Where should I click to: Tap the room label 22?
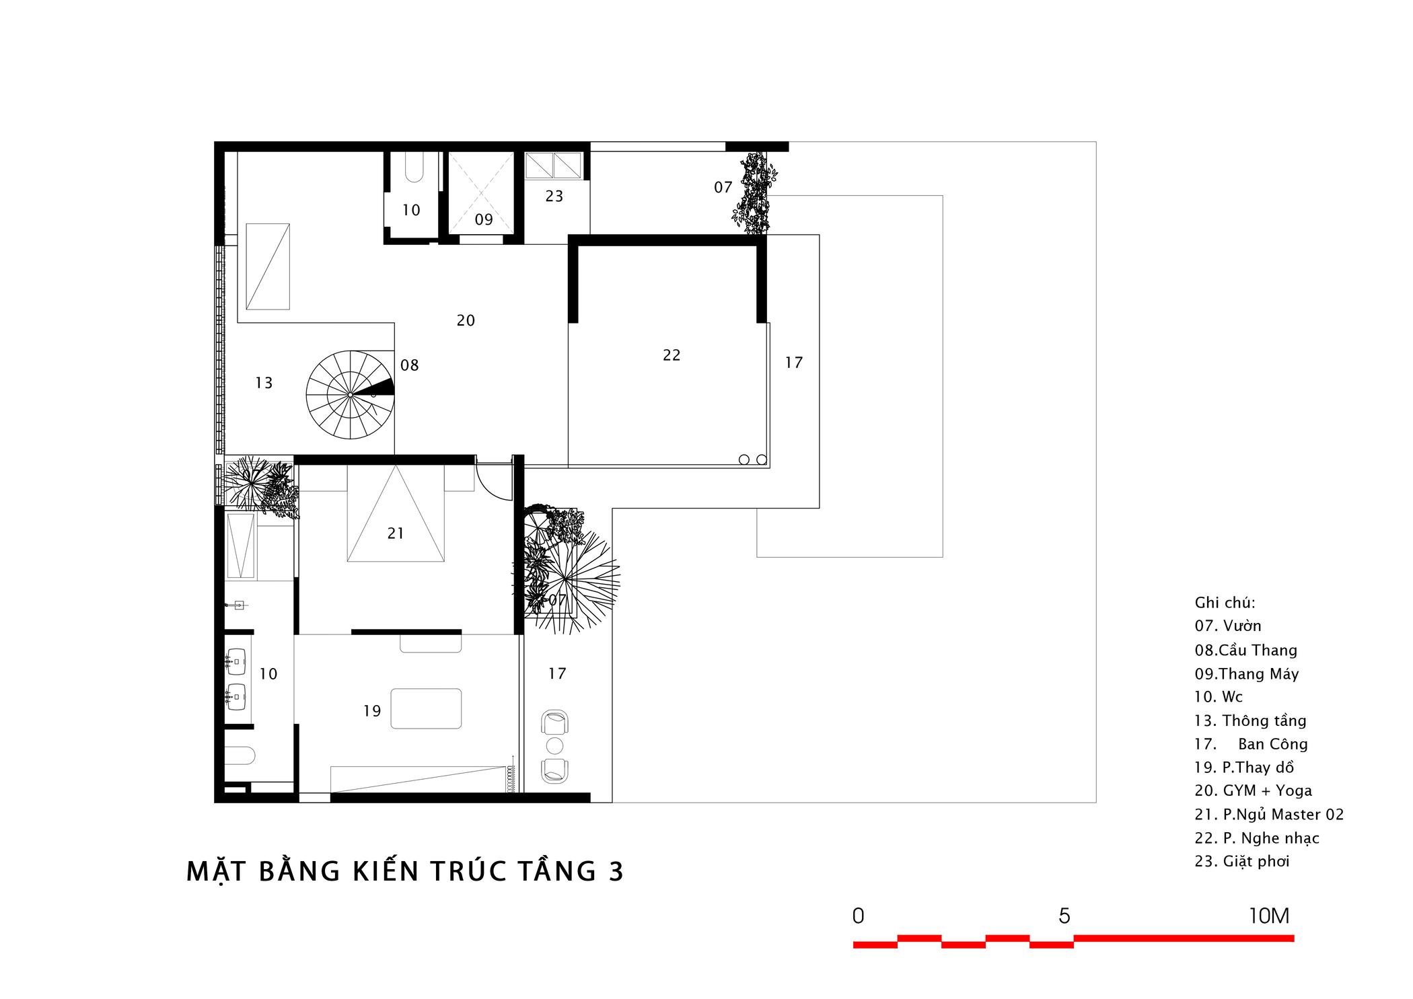[672, 355]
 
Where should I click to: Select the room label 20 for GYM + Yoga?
[466, 321]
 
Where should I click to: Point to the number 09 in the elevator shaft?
[484, 220]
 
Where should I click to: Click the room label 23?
[554, 196]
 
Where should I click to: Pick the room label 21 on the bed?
[396, 533]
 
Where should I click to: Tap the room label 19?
[372, 711]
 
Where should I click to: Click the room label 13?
[264, 383]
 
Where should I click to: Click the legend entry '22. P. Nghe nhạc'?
[1256, 838]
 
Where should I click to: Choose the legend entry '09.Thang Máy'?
[1246, 674]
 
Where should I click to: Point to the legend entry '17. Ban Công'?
[1251, 744]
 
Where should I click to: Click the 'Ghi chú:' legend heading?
[1225, 603]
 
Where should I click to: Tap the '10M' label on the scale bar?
[1269, 916]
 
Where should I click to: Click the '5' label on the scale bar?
[1064, 916]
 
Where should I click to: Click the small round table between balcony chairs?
[554, 745]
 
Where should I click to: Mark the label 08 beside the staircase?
[409, 365]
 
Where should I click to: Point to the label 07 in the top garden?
[723, 188]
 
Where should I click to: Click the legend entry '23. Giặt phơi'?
[1241, 862]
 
